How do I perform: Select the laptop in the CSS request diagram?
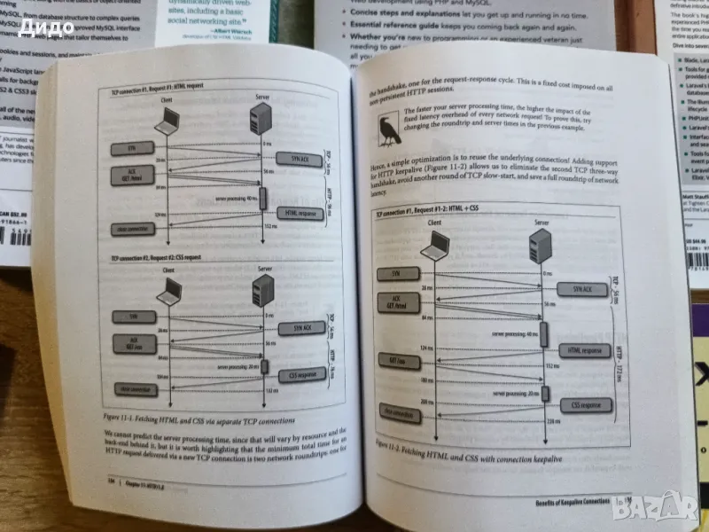[169, 291]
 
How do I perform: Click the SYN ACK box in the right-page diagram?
[581, 290]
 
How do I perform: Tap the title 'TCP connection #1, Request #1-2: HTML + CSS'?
[430, 215]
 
